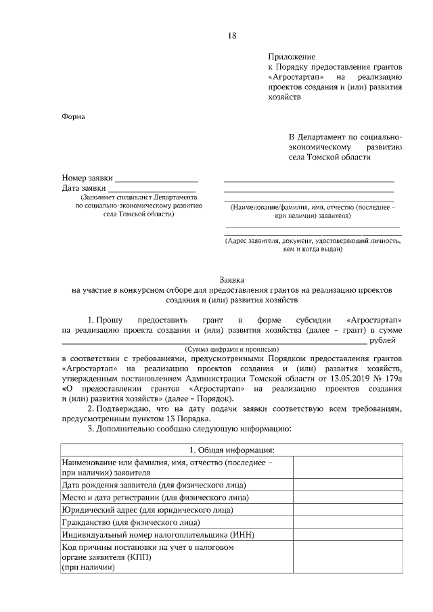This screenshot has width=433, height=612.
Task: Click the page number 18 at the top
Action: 232,36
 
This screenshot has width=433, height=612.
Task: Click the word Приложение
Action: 292,57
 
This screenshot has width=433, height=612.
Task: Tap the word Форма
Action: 73,116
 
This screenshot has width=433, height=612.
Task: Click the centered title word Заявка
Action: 232,279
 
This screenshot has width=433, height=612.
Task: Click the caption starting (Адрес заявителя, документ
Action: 313,241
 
